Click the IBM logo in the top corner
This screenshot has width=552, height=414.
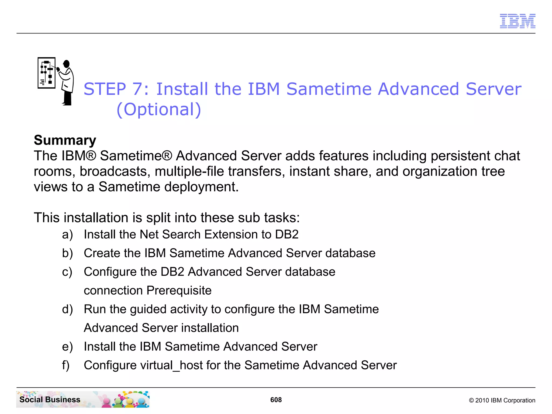point(517,21)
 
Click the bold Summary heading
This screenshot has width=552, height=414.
point(65,140)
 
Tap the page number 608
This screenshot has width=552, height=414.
point(276,400)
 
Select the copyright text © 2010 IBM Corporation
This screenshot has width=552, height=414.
point(502,400)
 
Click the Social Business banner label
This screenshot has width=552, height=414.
point(50,399)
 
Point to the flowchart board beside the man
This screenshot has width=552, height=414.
point(46,73)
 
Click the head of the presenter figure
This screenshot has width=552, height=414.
point(66,64)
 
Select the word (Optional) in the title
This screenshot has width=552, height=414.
point(159,109)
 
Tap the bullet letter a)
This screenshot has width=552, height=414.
point(67,234)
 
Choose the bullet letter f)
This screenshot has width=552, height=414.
point(66,365)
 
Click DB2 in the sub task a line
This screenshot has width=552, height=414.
point(287,234)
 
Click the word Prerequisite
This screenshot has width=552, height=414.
point(179,291)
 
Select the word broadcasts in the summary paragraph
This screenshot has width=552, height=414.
point(115,172)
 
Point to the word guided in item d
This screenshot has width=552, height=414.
point(148,309)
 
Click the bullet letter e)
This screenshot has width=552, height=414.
point(67,347)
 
